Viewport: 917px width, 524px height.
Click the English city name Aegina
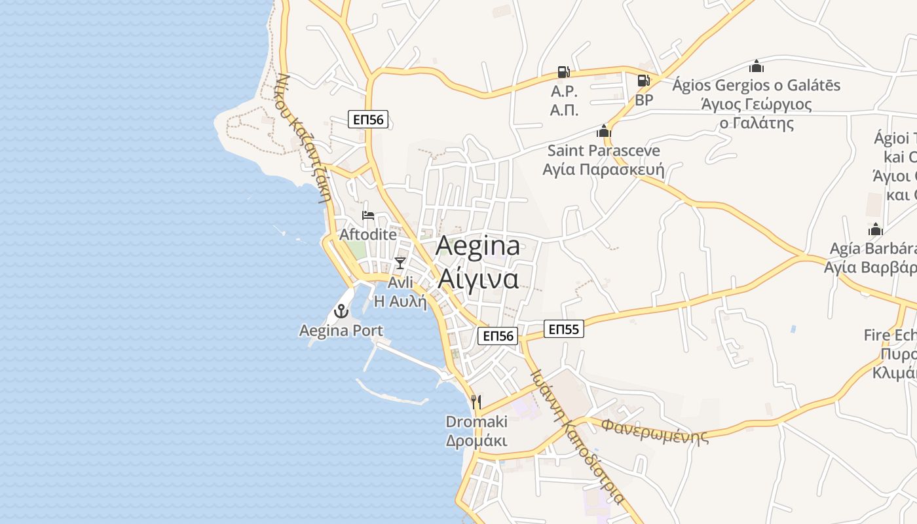click(477, 246)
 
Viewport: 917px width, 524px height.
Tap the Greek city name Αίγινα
click(478, 278)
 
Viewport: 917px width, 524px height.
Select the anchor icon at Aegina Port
click(341, 311)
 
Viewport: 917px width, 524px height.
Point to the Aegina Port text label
click(341, 330)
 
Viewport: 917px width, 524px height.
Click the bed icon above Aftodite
click(368, 215)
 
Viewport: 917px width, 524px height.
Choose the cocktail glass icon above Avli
click(400, 263)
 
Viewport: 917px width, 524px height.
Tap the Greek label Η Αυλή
click(400, 301)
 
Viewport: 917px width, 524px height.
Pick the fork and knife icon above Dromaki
click(476, 402)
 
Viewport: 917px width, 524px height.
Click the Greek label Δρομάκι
click(476, 440)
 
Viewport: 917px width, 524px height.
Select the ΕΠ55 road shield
click(563, 329)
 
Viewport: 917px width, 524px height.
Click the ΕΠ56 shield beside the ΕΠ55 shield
click(498, 336)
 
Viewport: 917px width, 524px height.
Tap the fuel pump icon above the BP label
click(644, 81)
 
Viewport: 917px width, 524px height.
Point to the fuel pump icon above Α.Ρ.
click(563, 72)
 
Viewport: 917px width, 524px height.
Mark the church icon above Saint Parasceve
click(603, 131)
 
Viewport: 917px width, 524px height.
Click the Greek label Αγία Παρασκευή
click(603, 170)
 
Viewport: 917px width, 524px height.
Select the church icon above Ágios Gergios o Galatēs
click(757, 66)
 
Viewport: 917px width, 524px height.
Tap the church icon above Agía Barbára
click(876, 229)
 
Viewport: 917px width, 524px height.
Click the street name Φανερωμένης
click(655, 431)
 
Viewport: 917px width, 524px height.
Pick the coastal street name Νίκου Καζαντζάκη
click(302, 138)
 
